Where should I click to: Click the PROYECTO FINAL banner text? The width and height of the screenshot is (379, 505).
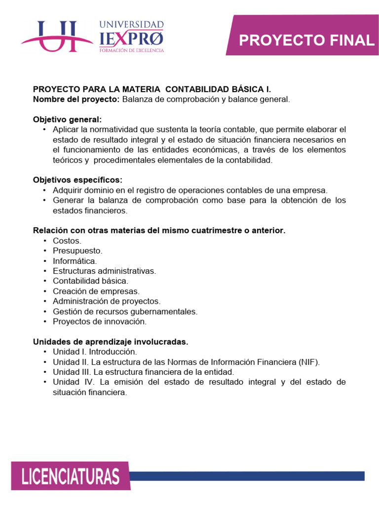tap(306, 40)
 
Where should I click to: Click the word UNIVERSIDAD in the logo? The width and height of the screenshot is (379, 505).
tap(131, 25)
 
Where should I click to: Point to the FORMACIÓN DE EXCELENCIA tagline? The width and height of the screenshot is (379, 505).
tap(131, 50)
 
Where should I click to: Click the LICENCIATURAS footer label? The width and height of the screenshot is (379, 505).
tap(71, 477)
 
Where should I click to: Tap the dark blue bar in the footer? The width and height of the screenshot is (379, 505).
tap(247, 476)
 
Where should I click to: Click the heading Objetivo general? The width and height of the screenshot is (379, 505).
tap(67, 119)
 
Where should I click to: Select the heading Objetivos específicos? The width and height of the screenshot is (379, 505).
tap(77, 180)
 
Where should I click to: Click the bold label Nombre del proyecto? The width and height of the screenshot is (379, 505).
tap(76, 99)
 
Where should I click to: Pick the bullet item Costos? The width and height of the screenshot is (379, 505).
tap(67, 240)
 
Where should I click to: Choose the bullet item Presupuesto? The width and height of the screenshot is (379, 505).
tap(77, 251)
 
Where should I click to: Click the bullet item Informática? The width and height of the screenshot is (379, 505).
tap(75, 260)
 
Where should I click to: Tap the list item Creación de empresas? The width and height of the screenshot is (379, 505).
tap(96, 291)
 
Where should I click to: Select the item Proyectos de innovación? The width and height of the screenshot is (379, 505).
tap(100, 321)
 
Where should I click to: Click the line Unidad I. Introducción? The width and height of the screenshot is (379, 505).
tap(95, 352)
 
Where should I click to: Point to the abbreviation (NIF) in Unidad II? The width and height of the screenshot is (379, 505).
tap(308, 362)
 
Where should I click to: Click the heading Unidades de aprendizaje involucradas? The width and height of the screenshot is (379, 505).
tap(111, 341)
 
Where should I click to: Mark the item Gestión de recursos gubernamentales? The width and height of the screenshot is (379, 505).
tap(125, 311)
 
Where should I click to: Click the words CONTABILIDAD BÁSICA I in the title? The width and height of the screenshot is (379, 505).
tap(218, 89)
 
